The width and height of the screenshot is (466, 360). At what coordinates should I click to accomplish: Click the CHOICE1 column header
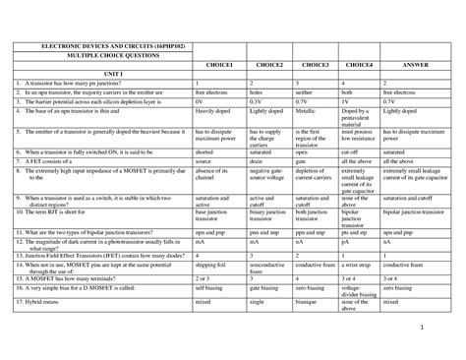click(x=218, y=64)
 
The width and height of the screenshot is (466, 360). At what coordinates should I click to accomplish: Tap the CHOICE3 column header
click(x=315, y=64)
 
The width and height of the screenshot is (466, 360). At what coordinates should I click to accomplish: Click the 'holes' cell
click(x=258, y=91)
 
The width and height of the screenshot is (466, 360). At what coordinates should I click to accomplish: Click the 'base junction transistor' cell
click(x=215, y=214)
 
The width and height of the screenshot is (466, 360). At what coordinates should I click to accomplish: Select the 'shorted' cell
click(x=204, y=152)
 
